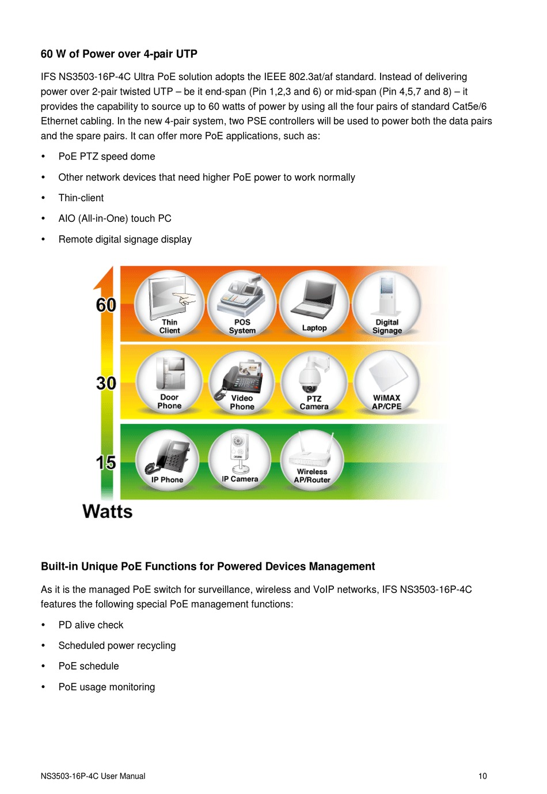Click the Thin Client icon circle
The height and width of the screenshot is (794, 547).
169,303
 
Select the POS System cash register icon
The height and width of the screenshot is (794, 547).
242,303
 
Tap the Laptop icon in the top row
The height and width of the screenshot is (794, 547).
314,303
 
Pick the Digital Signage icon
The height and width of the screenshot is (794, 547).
387,303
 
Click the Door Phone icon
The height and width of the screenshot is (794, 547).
169,381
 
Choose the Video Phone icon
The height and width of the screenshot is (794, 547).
242,381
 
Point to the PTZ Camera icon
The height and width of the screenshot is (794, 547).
314,381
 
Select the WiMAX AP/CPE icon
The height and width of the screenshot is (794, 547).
386,381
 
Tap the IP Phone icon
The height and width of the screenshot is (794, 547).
168,460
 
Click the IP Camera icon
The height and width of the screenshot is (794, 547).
240,459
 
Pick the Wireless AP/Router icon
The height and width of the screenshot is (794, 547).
312,460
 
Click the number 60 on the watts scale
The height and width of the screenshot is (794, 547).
107,305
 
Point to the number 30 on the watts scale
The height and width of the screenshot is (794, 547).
107,383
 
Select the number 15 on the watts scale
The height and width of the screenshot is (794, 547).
107,462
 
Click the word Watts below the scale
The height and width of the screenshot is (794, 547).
108,512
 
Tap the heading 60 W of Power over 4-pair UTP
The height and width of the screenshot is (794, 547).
119,54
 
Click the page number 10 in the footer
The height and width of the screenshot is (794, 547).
483,776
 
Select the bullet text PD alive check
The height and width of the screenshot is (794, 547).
91,625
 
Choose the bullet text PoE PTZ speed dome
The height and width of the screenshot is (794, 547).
107,157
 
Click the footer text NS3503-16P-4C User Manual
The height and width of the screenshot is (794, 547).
93,776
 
